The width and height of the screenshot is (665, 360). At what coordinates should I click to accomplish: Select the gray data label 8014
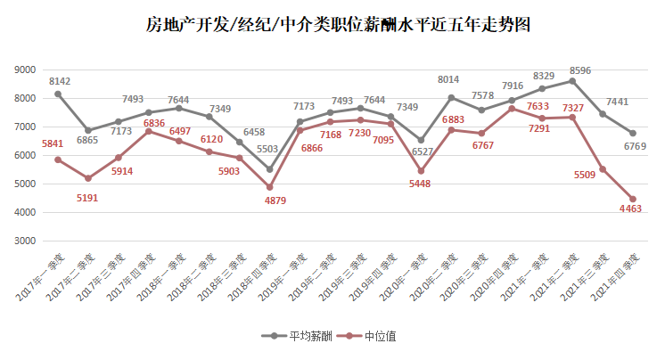(448, 80)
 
